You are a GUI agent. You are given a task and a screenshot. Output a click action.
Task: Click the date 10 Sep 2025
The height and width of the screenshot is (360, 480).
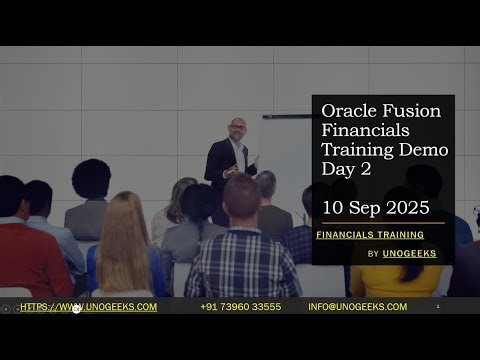[375, 208]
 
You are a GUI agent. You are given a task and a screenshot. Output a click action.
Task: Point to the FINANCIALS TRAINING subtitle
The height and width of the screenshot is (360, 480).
[369, 235]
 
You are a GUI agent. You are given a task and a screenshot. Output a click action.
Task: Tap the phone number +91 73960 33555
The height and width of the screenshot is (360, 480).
[240, 307]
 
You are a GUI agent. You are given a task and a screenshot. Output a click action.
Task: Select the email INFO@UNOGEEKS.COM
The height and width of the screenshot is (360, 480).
[357, 307]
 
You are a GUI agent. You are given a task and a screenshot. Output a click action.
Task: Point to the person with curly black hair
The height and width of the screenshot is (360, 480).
[91, 180]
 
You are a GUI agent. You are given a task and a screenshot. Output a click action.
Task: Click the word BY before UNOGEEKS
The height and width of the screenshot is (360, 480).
[373, 254]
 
